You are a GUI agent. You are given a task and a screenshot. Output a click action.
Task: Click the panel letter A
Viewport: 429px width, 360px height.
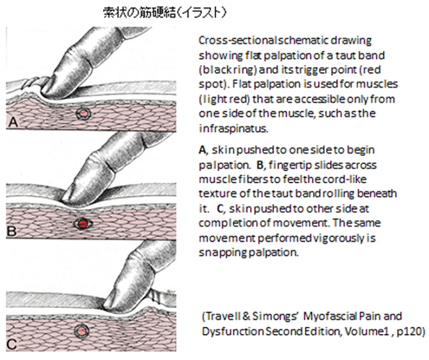coord(13,123)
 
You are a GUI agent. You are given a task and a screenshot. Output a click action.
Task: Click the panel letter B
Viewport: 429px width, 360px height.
coord(12,232)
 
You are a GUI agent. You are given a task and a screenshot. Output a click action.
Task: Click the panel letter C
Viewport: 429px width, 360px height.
coord(12,344)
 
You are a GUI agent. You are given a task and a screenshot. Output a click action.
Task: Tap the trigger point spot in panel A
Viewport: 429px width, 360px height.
coord(84,113)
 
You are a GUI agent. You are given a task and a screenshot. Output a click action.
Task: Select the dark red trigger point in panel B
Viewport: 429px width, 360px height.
coord(82,224)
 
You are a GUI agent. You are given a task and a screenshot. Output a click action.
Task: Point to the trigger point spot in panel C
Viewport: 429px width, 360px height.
coord(81,331)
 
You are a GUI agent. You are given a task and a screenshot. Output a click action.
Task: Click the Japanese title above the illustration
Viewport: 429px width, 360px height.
coord(164,13)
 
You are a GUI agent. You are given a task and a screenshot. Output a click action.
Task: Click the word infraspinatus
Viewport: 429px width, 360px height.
coord(234,128)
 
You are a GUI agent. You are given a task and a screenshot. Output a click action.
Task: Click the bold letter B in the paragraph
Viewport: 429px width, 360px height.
coord(260,165)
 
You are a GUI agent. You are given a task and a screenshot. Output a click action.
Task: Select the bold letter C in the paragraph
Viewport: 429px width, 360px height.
coord(221,209)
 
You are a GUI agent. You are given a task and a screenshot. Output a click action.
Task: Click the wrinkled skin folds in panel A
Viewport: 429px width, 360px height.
coord(33,81)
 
